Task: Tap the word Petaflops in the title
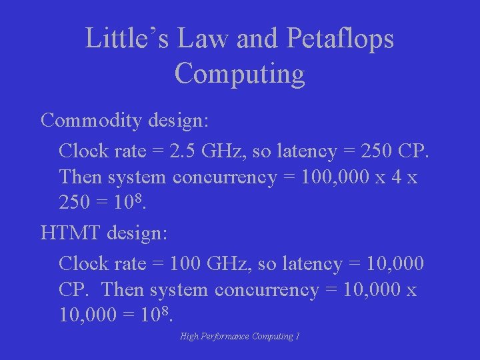(340, 39)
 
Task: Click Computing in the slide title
(240, 73)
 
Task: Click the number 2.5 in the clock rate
(183, 151)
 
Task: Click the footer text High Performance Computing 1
(240, 336)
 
